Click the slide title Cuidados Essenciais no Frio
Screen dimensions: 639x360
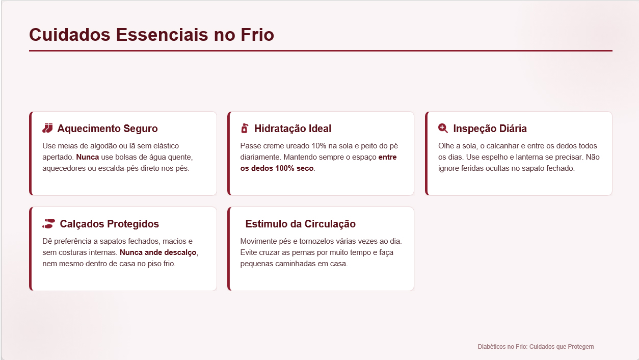(x=151, y=35)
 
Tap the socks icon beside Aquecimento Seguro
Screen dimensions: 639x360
(x=47, y=128)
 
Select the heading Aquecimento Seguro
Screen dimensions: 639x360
(x=107, y=128)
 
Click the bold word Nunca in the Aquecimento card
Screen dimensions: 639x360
(x=87, y=157)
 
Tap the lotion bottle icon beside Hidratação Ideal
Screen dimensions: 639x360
(x=245, y=128)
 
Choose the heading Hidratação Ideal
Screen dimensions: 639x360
(x=292, y=128)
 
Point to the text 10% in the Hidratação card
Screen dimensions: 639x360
(x=318, y=146)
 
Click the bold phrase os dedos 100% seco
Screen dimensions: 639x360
(x=277, y=168)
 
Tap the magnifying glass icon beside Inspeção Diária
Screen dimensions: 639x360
(x=443, y=128)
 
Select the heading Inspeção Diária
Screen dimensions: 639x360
(x=490, y=128)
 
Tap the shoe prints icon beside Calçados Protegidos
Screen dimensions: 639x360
(x=48, y=223)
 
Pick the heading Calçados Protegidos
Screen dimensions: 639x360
(x=109, y=224)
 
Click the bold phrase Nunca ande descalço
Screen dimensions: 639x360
(x=158, y=252)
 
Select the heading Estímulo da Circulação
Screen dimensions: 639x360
(x=300, y=224)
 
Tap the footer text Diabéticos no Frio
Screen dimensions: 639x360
(x=502, y=347)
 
